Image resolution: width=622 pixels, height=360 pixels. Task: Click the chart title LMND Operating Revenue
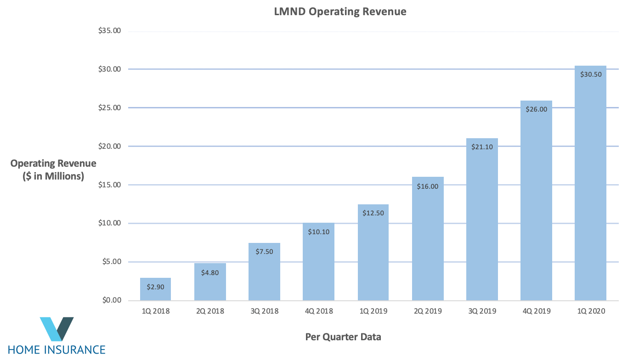tap(340, 12)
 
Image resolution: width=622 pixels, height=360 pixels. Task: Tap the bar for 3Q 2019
tap(482, 220)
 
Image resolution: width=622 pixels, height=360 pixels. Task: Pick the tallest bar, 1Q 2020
tap(590, 184)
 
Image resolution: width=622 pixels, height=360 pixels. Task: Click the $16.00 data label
tap(427, 186)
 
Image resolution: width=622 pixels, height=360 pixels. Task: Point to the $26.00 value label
tap(536, 109)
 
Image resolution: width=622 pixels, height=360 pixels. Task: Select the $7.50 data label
tap(264, 252)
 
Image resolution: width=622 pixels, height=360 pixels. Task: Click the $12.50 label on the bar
tap(373, 213)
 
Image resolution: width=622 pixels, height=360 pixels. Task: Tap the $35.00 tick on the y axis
tap(110, 31)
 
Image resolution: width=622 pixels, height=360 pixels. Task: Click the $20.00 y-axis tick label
tap(110, 146)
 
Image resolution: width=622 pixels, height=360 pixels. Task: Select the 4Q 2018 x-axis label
tap(319, 311)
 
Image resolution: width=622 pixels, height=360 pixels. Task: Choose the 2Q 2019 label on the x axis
tap(427, 311)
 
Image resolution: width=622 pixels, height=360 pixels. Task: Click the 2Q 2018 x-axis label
tap(210, 311)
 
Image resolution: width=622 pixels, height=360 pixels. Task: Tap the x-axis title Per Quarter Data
tap(343, 337)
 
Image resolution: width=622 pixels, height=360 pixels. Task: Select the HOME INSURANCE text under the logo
tap(57, 349)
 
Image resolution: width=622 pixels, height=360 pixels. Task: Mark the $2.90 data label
tap(155, 287)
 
